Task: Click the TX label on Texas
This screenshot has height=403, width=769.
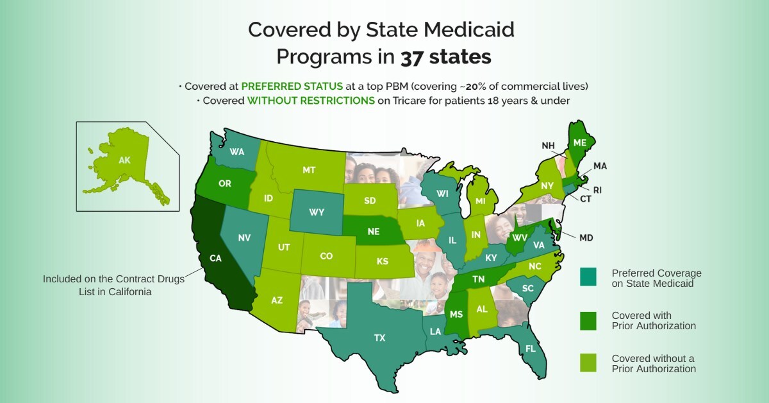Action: (x=379, y=338)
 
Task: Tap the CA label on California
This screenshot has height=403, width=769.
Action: (x=215, y=259)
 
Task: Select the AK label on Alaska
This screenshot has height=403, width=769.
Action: (x=124, y=161)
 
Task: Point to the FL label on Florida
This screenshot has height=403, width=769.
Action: (x=531, y=348)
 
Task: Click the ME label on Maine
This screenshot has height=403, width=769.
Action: (x=580, y=142)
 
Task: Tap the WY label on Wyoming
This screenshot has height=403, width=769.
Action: (x=317, y=212)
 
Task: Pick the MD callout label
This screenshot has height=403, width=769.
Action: (x=586, y=237)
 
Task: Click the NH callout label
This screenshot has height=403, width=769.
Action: (x=548, y=146)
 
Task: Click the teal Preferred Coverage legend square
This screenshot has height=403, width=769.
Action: (x=588, y=277)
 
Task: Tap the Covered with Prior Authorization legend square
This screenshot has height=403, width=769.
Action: (x=588, y=320)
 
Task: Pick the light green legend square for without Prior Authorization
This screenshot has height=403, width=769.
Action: (x=588, y=363)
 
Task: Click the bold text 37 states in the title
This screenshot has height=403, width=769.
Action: (x=446, y=57)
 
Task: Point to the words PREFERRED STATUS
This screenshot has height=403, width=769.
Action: (x=287, y=86)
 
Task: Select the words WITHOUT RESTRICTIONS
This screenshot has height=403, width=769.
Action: (x=311, y=101)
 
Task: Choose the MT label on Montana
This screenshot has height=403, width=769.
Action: (x=309, y=170)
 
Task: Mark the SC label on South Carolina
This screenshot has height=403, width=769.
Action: (x=527, y=289)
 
